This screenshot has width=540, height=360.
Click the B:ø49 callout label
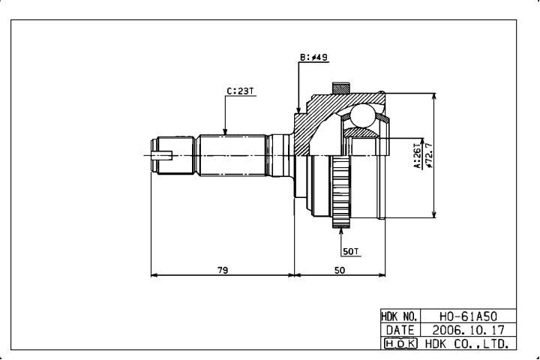coord(313,57)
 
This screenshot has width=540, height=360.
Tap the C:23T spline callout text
coord(240,91)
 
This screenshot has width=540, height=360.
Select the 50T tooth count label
coord(350,252)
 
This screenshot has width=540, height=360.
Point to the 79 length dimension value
coord(223,270)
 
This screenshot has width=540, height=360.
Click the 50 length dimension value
coord(340,270)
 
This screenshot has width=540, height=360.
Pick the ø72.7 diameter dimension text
coord(429,155)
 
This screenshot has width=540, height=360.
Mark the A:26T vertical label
coord(417,156)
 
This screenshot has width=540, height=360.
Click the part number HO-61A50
coord(468,316)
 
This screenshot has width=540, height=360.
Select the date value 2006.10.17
coord(468,330)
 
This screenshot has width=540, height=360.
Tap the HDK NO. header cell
coord(400,316)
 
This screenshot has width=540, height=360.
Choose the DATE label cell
coord(400,330)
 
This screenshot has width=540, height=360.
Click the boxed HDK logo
coord(400,343)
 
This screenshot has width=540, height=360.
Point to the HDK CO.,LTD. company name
coord(467,343)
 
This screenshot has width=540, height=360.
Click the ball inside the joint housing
coord(362,115)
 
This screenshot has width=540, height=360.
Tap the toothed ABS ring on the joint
coord(340,191)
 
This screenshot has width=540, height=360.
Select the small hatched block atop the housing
coord(341,88)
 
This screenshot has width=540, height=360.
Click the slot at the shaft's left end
coord(161,156)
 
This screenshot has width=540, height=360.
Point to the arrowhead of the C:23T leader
coord(225,132)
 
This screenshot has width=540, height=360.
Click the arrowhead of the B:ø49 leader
coord(298,110)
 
